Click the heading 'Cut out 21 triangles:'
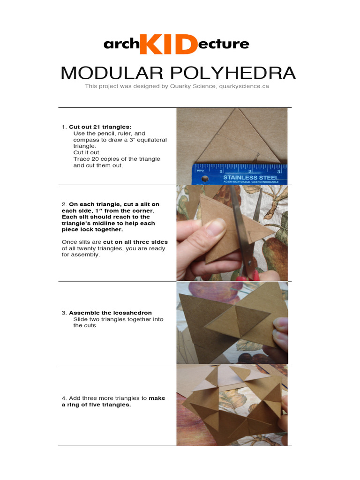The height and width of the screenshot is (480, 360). pos(100,127)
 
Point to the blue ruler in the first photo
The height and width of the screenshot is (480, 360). pos(239,173)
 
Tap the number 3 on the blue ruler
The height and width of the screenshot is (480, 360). pos(278,172)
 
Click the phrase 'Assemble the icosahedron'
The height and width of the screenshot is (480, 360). pos(110,313)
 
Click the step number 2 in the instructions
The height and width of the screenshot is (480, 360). pos(64,204)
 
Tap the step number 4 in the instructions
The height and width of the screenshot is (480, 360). pos(64,398)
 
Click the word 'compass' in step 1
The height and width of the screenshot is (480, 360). pos(85,140)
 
